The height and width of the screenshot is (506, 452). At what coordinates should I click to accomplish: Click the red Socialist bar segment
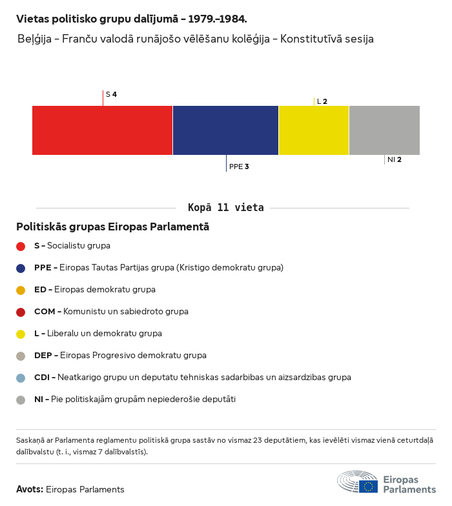pyautogui.click(x=102, y=130)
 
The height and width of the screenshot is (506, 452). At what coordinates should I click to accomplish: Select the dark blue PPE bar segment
pyautogui.click(x=225, y=130)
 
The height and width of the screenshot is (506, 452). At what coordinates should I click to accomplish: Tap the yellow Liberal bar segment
pyautogui.click(x=313, y=130)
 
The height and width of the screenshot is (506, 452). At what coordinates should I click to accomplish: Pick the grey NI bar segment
pyautogui.click(x=384, y=130)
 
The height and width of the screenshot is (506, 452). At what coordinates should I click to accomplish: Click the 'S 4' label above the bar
pyautogui.click(x=111, y=94)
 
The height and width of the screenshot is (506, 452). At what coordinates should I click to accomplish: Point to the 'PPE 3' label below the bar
pyautogui.click(x=239, y=167)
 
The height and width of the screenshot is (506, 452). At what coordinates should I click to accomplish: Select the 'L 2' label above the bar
pyautogui.click(x=322, y=101)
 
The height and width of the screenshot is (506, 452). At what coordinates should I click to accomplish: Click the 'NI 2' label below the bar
pyautogui.click(x=395, y=159)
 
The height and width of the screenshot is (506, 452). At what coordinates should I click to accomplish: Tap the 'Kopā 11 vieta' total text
pyautogui.click(x=226, y=207)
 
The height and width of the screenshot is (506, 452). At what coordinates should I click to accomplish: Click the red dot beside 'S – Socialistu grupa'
pyautogui.click(x=21, y=246)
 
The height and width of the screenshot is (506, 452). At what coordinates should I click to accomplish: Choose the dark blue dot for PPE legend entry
pyautogui.click(x=21, y=268)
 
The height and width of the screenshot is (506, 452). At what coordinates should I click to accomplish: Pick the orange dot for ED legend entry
pyautogui.click(x=21, y=290)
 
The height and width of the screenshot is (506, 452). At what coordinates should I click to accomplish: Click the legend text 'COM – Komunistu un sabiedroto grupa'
pyautogui.click(x=111, y=312)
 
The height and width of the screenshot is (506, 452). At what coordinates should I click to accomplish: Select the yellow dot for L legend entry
pyautogui.click(x=21, y=334)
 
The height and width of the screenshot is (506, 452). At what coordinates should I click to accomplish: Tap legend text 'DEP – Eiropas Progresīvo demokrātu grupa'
pyautogui.click(x=120, y=356)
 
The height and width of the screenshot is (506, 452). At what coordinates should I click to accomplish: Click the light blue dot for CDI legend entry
pyautogui.click(x=21, y=378)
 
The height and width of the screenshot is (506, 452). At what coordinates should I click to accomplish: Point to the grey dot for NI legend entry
pyautogui.click(x=21, y=400)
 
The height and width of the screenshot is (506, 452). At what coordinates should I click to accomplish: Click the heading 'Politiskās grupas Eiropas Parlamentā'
pyautogui.click(x=112, y=227)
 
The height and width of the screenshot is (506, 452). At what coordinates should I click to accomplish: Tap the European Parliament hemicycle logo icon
pyautogui.click(x=357, y=482)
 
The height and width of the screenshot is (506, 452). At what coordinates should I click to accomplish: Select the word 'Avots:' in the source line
pyautogui.click(x=30, y=489)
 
